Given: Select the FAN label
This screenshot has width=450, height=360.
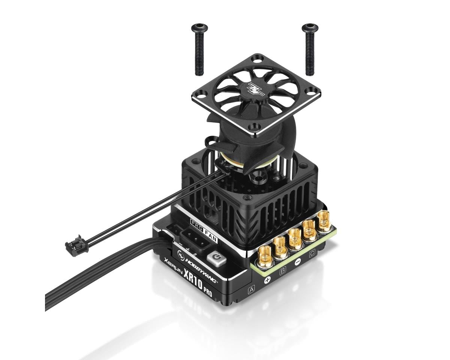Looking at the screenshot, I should coord(211,228).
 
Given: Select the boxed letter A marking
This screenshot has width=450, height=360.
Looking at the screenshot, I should coord(252,289).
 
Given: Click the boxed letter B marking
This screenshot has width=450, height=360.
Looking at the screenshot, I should coord(283,270).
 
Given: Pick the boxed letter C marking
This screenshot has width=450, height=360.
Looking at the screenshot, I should coord(312,254).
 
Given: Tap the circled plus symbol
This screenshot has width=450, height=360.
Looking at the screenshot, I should coord(267,280).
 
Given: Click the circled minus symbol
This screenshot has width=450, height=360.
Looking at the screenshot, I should coord(297,262).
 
